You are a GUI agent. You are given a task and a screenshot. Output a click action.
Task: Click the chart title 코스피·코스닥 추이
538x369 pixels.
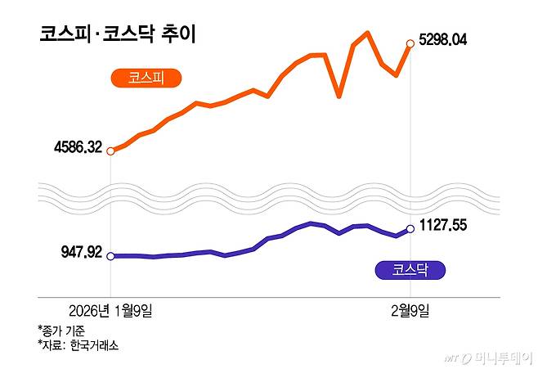point(117,36)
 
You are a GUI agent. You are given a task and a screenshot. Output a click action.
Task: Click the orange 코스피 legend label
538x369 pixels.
point(146,79)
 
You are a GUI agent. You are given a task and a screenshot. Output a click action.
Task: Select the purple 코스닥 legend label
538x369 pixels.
point(410,269)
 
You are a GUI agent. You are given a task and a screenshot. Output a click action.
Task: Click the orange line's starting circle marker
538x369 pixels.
point(111,151)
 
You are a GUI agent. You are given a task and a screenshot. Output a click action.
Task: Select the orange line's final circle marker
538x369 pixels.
point(410,43)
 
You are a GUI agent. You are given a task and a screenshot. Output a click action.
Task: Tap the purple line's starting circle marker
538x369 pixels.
point(111,256)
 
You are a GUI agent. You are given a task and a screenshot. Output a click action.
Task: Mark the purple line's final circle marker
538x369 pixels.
point(410,229)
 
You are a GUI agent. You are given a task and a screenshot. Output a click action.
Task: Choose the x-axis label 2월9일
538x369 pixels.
point(410,310)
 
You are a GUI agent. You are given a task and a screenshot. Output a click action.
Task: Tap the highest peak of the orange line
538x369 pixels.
point(367,33)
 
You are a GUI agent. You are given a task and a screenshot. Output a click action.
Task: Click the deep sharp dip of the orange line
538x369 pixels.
point(338,97)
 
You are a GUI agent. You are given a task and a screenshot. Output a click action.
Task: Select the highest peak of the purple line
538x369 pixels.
point(311,223)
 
